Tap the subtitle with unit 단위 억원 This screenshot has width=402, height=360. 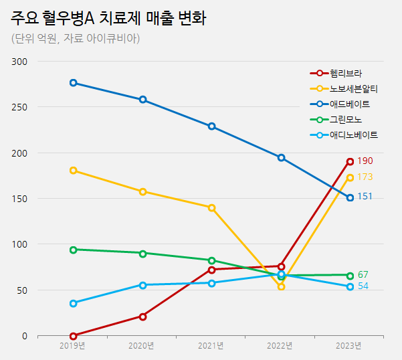coord(75,39)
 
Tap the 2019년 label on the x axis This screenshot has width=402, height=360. coord(72,346)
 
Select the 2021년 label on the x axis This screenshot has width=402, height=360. coord(211,346)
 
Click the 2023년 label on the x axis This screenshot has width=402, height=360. coord(348,346)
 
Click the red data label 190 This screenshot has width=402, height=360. coord(365,161)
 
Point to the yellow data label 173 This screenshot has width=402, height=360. coord(365,177)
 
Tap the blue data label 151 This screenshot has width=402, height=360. coord(365,197)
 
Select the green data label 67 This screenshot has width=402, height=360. coord(363,275)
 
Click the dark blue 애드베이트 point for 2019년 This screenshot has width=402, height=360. coord(73,83)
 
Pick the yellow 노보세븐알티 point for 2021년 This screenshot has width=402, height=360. coord(211,208)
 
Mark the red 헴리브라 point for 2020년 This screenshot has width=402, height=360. coord(142,317)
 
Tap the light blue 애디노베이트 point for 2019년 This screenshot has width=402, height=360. coord(73,303)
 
